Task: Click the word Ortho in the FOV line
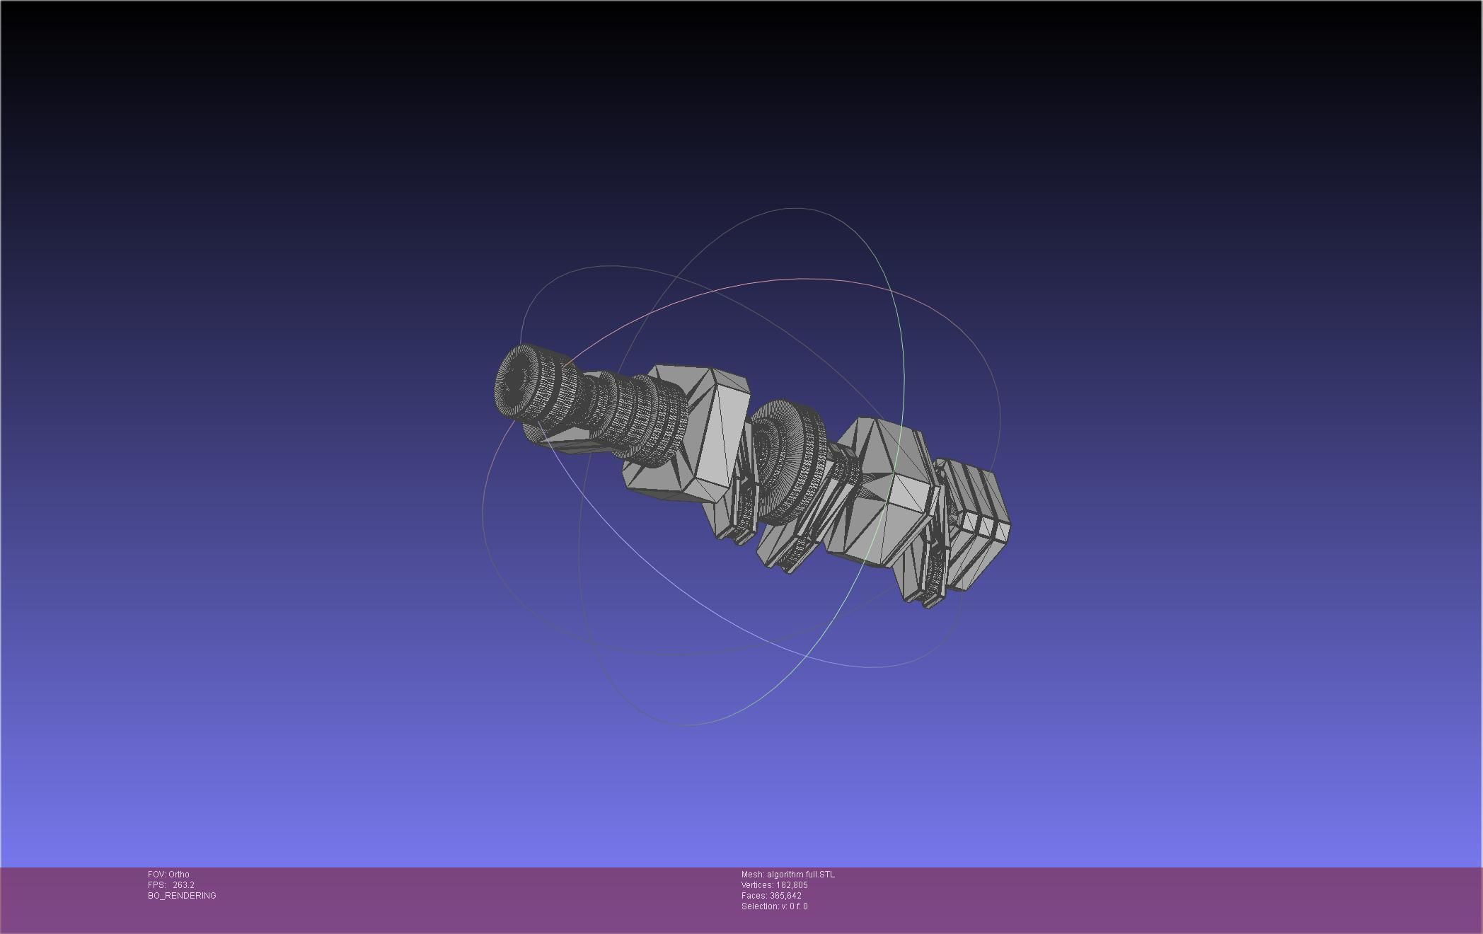[178, 874]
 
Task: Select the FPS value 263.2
[183, 884]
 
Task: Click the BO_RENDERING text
[182, 895]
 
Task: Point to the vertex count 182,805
[792, 884]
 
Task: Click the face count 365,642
[785, 895]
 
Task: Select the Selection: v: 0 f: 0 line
[774, 906]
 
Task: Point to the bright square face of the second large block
[909, 495]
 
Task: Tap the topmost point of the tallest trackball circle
[796, 208]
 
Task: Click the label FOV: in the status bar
[156, 874]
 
